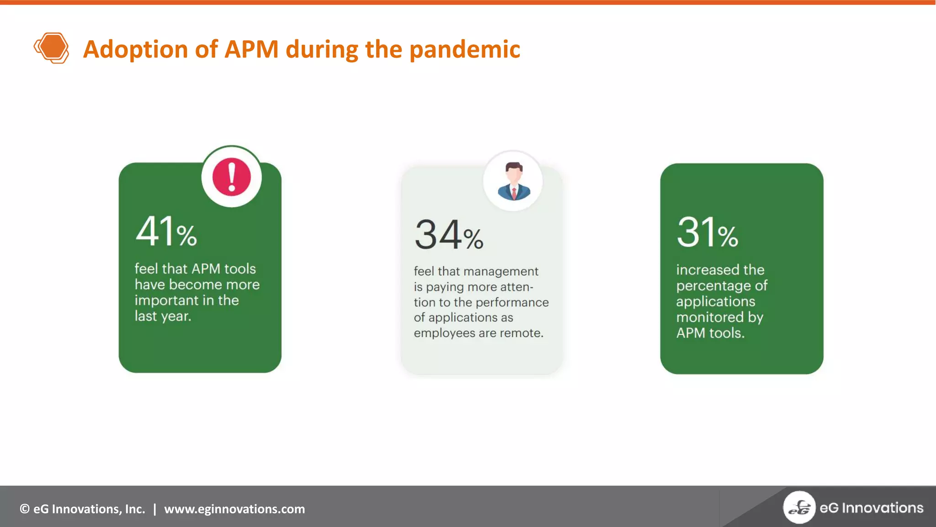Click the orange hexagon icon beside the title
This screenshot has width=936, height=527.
[51, 48]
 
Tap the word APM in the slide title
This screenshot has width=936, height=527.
[251, 49]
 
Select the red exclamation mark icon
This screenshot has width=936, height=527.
[232, 177]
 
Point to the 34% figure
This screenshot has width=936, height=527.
[449, 235]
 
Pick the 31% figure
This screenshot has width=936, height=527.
[707, 233]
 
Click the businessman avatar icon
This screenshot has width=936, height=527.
[513, 182]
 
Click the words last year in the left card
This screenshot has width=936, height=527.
[163, 316]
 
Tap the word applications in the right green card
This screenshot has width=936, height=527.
[715, 301]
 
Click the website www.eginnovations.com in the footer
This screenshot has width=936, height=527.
[234, 509]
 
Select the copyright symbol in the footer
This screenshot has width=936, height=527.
[25, 509]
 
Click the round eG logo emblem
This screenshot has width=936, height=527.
[799, 507]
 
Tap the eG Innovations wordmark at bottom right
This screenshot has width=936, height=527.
[871, 508]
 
